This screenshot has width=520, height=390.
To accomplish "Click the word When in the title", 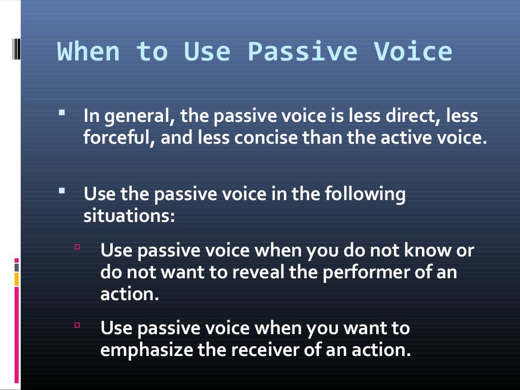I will coord(88,52).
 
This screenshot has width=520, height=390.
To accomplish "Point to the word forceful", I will coord(116,139).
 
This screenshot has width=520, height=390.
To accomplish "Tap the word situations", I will coord(129,216).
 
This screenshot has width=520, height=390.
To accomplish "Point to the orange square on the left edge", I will coord(17,279).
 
